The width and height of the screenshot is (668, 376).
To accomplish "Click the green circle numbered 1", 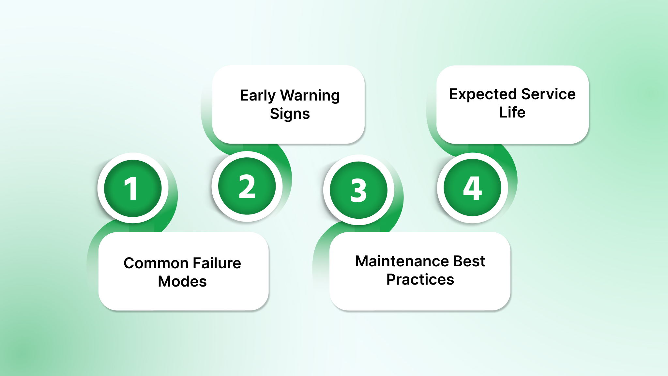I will [x=133, y=188].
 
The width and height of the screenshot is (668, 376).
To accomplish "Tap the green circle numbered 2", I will [x=247, y=186].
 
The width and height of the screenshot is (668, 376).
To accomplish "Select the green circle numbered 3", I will [x=358, y=190].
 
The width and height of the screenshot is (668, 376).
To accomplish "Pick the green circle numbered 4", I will [x=472, y=188].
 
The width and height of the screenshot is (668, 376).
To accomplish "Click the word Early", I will [x=258, y=96].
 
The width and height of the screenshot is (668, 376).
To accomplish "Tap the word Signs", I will [x=290, y=114].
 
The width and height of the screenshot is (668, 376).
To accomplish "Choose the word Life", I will [x=512, y=112].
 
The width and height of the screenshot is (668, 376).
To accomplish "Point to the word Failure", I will [x=217, y=263].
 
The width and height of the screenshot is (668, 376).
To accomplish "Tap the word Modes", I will [x=182, y=281].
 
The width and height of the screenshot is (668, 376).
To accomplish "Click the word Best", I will [x=469, y=261].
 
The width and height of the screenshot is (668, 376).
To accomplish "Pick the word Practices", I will [x=420, y=279].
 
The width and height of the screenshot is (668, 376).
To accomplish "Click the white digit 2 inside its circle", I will [x=247, y=186].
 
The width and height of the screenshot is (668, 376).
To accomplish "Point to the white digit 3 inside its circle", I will [x=358, y=190].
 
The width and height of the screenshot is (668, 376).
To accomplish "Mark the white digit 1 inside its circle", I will [x=131, y=189].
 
